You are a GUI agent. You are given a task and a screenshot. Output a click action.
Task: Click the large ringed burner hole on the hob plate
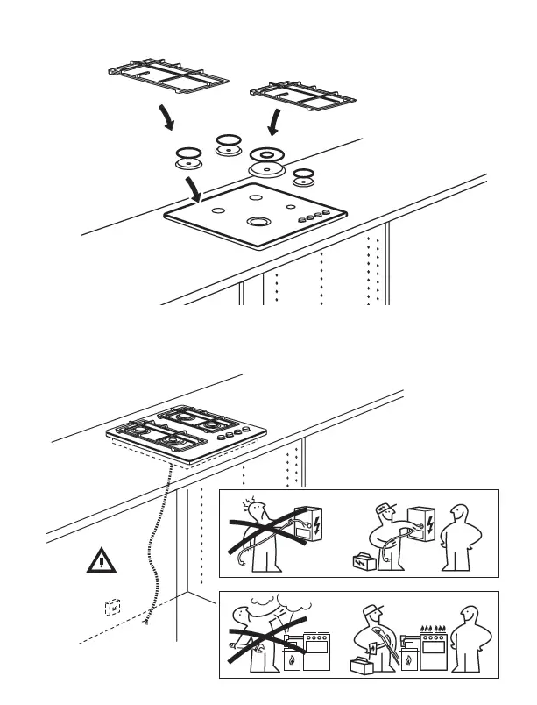click(258, 222)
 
